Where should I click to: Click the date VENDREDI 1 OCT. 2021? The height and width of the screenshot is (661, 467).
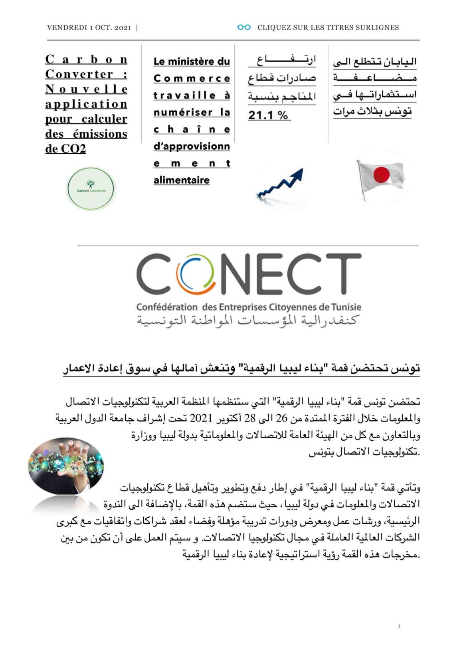[89, 28]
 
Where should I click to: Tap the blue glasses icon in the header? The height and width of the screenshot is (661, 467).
[244, 27]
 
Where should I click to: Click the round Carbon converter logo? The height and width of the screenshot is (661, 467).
[91, 189]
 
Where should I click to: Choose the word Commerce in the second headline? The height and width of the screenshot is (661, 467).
[192, 79]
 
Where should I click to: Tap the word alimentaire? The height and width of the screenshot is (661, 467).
[182, 180]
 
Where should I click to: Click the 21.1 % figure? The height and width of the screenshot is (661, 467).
[268, 115]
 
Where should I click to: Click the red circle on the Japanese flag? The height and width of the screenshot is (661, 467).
[382, 175]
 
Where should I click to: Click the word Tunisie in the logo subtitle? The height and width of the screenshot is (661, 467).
[347, 307]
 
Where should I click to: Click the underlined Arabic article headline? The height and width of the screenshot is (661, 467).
[241, 368]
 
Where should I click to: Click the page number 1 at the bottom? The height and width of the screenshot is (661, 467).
[399, 626]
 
